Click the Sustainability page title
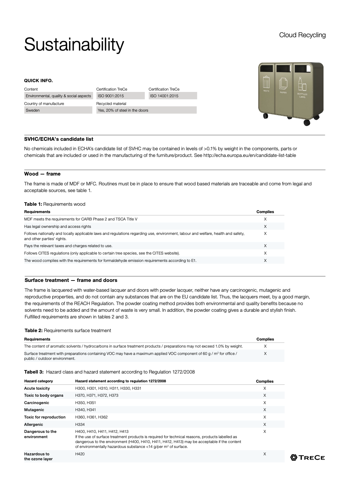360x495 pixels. click(x=74, y=45)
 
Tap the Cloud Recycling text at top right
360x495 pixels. click(x=302, y=35)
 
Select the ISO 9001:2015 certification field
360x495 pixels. click(x=120, y=96)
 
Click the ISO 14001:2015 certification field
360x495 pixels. click(x=173, y=96)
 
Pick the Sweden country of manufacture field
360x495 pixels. click(x=58, y=110)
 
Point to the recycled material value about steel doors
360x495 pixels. click(x=146, y=110)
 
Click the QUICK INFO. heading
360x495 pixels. click(x=38, y=80)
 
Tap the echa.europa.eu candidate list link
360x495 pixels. click(x=249, y=155)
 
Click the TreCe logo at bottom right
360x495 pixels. click(x=307, y=457)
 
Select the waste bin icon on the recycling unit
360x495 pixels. click(x=267, y=82)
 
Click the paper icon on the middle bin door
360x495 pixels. click(x=283, y=84)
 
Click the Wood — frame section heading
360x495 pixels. click(x=42, y=174)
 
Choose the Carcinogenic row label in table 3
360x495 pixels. click(x=36, y=403)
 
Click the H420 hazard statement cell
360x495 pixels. click(x=80, y=454)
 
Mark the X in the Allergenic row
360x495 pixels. click(x=265, y=424)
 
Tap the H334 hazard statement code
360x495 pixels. click(x=80, y=424)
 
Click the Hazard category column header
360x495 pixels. click(x=38, y=381)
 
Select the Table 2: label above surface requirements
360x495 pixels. click(x=33, y=330)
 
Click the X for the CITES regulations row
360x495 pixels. click(x=265, y=253)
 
